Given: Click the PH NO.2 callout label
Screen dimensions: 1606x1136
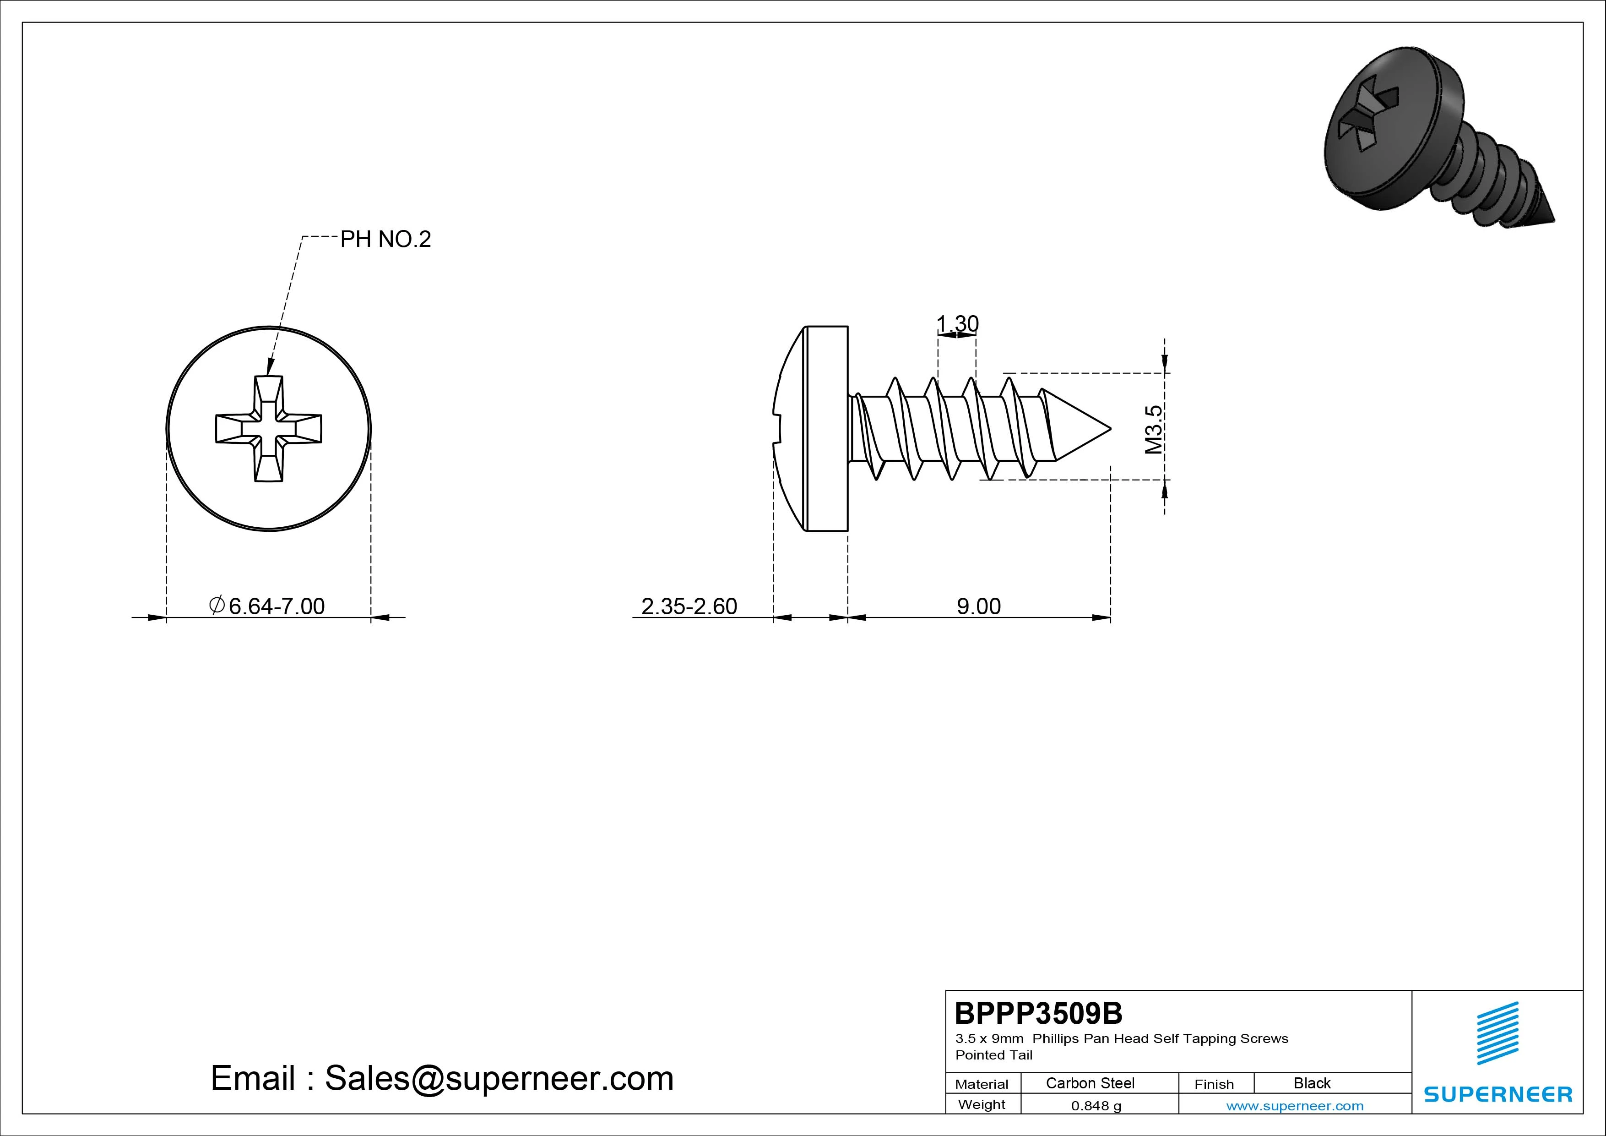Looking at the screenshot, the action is pos(385,240).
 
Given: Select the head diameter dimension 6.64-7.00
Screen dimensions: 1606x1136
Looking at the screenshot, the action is pos(268,606).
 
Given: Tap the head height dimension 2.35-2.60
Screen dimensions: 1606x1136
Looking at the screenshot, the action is pos(689,606).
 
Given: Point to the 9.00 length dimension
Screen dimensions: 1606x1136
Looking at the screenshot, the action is pos(978,606).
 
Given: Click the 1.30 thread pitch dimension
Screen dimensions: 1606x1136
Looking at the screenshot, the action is pos(957,323).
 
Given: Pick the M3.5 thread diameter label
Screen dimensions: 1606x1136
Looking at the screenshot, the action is pos(1153,429).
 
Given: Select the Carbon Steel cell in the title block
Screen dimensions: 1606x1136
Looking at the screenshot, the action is pos(1090,1083).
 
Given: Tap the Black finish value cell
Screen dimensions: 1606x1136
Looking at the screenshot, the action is pos(1312,1083).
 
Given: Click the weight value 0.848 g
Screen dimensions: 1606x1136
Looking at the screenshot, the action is pos(1096,1106).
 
